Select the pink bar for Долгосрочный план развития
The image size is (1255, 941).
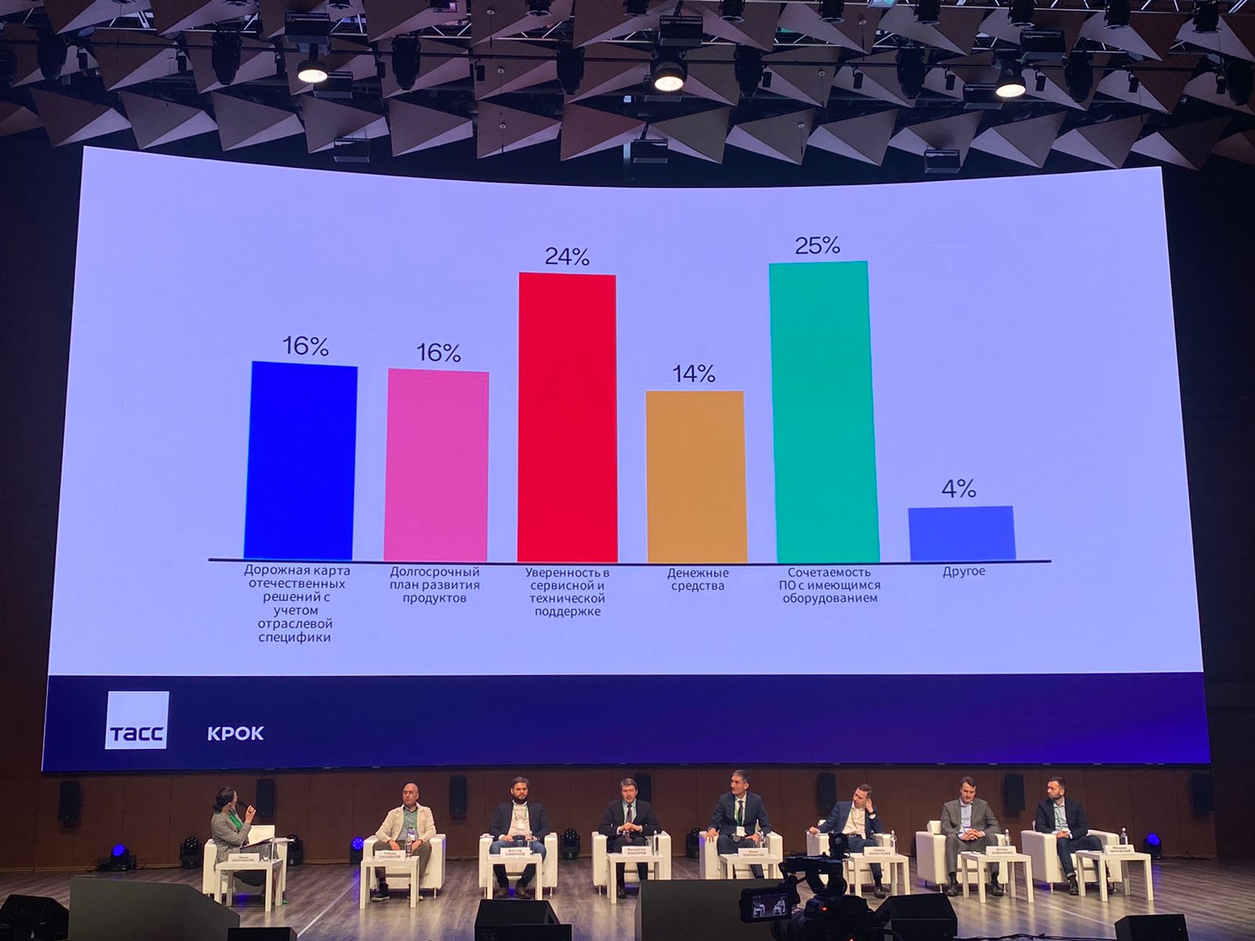(x=437, y=466)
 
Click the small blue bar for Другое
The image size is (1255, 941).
(x=962, y=533)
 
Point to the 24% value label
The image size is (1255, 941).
(x=567, y=256)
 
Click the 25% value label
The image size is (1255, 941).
(x=817, y=245)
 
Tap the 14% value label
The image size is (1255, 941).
(x=693, y=374)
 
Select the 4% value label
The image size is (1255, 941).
(x=959, y=489)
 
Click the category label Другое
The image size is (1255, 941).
(x=964, y=572)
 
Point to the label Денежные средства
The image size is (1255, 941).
(x=697, y=579)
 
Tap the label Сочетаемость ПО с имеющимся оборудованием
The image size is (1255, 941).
(x=830, y=586)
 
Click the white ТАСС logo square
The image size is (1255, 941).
(x=136, y=720)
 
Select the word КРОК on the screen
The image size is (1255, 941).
(x=235, y=734)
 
